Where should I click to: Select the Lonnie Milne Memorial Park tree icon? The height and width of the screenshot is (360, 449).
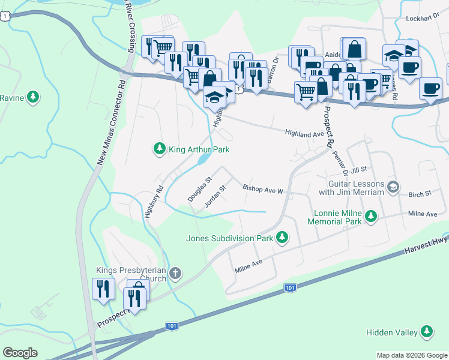371,215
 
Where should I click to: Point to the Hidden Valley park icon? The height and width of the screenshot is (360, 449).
427,331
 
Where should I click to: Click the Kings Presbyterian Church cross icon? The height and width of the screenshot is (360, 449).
175,274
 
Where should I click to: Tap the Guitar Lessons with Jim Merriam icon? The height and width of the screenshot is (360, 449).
393,187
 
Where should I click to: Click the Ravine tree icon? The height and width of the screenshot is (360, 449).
34,97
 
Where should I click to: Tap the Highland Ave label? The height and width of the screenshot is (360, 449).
304,134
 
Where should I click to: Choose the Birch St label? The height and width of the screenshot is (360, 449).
420,194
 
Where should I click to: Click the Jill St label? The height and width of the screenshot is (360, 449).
359,171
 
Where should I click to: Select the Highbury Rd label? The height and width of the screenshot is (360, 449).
154,205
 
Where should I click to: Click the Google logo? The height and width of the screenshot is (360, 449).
20,353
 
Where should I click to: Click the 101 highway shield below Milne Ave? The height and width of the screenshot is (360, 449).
290,289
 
